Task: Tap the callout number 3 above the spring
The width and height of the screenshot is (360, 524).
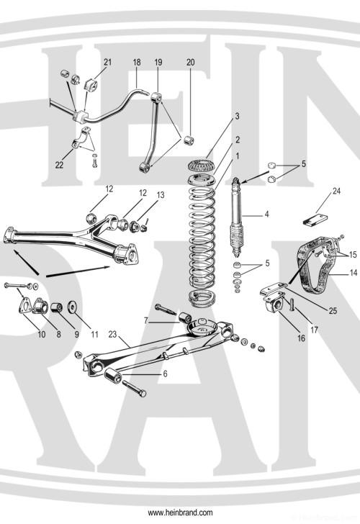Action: click(217, 116)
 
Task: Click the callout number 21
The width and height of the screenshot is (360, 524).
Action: click(108, 63)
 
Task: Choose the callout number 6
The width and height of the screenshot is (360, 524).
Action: click(166, 374)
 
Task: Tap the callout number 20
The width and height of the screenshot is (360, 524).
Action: click(190, 63)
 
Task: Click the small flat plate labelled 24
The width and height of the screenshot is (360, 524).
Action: click(315, 217)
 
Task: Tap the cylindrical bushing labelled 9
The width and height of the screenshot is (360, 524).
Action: click(55, 309)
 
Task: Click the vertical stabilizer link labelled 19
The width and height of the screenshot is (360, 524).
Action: click(152, 130)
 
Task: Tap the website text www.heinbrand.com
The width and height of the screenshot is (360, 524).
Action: click(180, 512)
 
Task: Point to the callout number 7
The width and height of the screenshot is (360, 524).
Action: click(146, 319)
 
